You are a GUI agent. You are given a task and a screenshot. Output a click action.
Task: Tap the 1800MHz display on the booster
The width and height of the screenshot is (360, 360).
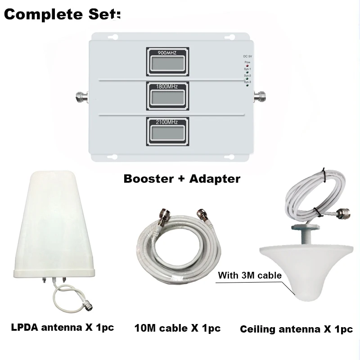167,95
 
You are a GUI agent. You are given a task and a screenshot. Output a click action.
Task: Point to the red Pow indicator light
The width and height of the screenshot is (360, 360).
247,66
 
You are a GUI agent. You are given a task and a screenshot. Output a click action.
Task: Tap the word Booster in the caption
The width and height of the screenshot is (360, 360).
149,179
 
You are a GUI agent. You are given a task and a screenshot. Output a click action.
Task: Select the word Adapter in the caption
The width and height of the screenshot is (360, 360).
216,179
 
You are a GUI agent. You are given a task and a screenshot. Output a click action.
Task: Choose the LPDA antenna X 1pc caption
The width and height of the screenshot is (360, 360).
62,327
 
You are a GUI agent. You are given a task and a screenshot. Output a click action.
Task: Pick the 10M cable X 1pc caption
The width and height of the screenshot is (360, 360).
178,328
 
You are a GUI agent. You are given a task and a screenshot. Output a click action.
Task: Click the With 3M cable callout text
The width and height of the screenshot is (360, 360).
250,275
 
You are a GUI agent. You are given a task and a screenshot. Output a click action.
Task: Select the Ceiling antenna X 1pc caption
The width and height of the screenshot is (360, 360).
296,329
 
